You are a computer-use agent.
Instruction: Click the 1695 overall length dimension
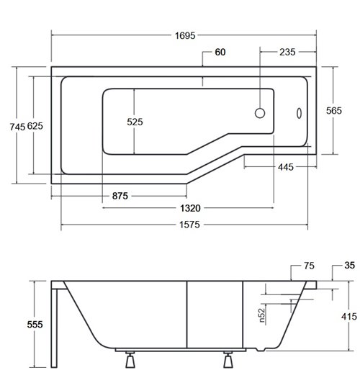(185, 36)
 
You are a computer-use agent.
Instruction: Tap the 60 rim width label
(220, 52)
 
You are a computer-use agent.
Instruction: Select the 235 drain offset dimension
(287, 52)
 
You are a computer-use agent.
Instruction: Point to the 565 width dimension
(334, 111)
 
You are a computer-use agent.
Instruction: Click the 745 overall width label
(17, 127)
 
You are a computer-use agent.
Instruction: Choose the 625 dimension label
(35, 126)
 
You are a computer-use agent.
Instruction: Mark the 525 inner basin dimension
(135, 122)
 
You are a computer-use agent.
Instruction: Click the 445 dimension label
(286, 167)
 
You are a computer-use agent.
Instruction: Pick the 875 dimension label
(120, 196)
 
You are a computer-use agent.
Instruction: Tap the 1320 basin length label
(190, 208)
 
